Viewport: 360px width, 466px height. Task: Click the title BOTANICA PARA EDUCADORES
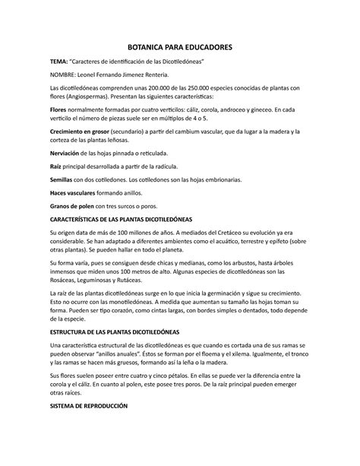[x=180, y=47]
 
